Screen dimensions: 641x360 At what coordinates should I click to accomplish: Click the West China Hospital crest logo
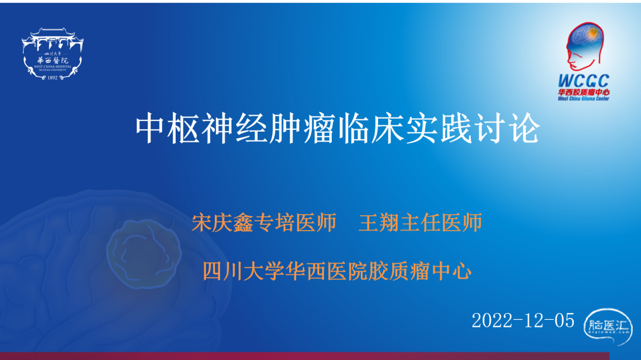click(52, 54)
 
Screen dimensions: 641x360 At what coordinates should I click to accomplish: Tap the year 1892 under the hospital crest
click(52, 78)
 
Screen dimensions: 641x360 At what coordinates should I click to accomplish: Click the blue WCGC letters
click(584, 81)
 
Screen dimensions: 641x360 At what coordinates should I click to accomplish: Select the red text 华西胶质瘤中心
click(584, 93)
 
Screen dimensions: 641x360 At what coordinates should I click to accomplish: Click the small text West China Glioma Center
click(584, 98)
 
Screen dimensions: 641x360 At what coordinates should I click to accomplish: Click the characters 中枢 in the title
click(167, 128)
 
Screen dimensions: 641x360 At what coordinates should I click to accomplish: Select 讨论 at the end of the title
click(507, 128)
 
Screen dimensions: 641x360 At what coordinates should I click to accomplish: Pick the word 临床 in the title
click(372, 128)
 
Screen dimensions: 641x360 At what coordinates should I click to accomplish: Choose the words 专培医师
click(295, 222)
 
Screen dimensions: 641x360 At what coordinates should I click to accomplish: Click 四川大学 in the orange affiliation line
click(244, 271)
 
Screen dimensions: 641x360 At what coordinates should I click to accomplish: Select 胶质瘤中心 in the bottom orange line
click(420, 271)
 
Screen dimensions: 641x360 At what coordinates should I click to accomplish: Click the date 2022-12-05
click(523, 321)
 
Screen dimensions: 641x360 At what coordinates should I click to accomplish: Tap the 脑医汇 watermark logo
click(608, 326)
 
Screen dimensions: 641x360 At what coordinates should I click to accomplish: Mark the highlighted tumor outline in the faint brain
click(144, 253)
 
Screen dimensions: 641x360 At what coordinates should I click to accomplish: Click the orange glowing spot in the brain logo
click(593, 32)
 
